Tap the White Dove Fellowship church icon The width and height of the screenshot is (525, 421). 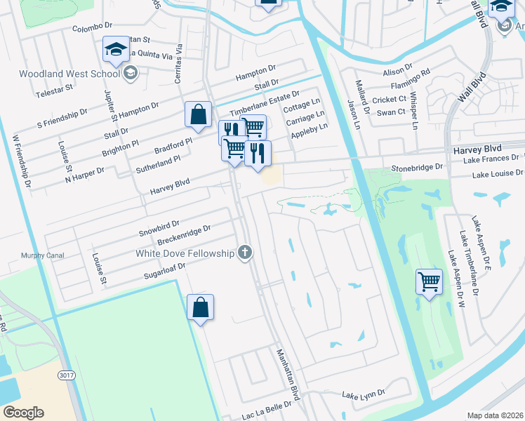[244, 253]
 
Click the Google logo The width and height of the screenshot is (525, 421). [23, 413]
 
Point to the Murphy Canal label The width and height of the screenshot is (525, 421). [23, 255]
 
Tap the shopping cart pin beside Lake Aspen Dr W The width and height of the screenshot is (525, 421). [429, 282]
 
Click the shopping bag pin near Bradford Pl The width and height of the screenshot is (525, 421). [199, 115]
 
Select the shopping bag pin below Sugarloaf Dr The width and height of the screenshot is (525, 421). [200, 307]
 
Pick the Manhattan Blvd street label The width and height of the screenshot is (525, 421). [287, 374]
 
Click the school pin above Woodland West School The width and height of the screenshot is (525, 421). [116, 48]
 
